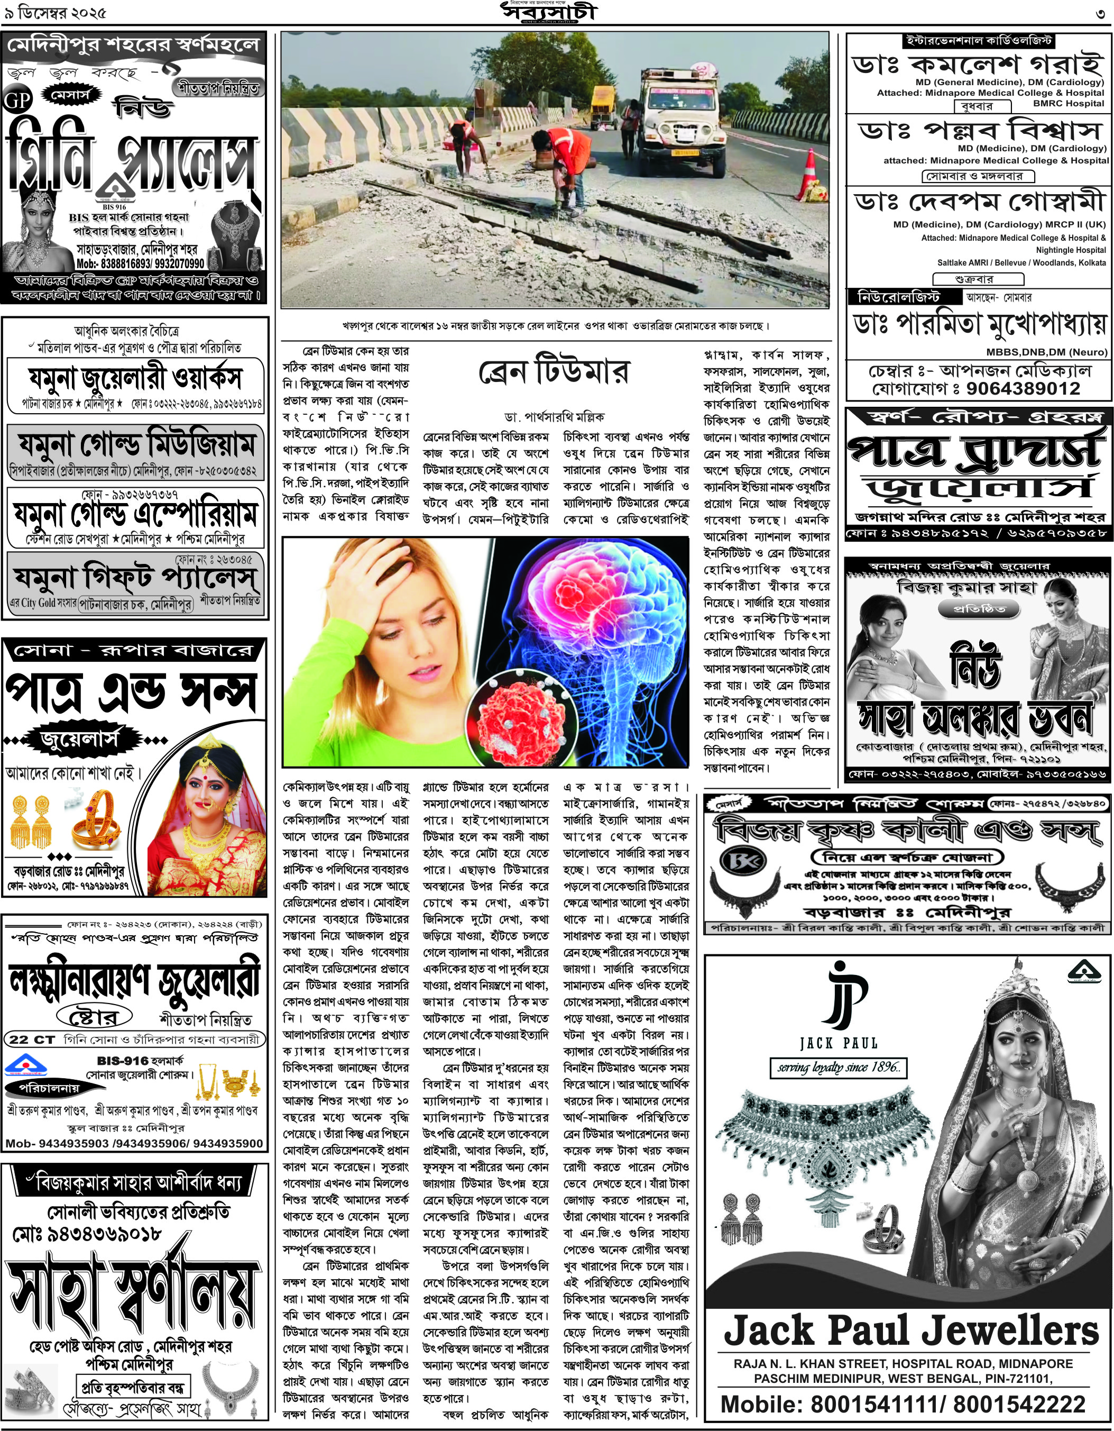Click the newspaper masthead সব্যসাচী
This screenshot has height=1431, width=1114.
[550, 13]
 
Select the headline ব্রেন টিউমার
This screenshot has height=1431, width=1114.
[554, 371]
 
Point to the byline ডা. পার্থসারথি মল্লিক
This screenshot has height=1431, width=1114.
[554, 417]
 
